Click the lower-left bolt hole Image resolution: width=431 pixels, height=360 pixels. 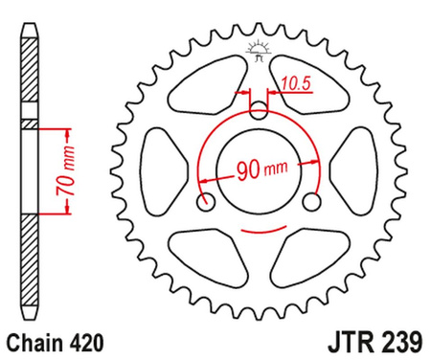pyautogui.click(x=205, y=202)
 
